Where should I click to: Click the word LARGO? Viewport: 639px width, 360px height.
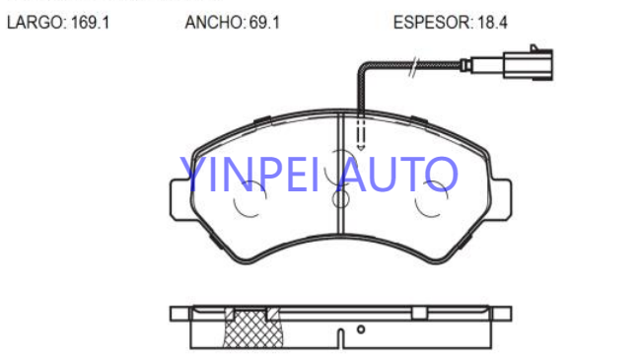[35, 23]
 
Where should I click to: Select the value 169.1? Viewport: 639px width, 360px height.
[90, 23]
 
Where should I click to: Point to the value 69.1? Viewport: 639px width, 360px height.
[264, 23]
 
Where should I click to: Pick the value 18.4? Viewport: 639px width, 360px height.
[492, 23]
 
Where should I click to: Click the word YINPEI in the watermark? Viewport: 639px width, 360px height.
[249, 175]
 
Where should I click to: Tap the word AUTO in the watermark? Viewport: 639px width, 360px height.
[398, 175]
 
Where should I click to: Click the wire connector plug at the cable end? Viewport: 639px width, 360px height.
[529, 63]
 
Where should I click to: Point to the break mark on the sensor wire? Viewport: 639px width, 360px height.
[413, 66]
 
